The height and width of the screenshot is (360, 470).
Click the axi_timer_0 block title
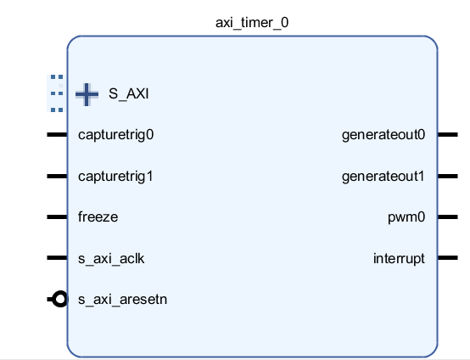coord(252,23)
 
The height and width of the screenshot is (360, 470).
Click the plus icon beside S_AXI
coord(87,94)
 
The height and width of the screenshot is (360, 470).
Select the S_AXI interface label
coord(129,94)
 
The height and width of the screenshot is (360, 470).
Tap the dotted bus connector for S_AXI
coord(57,93)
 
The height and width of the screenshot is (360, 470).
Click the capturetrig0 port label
coord(116,135)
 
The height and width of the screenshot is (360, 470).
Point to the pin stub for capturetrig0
coord(57,135)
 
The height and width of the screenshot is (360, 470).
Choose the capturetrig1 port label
coord(115,177)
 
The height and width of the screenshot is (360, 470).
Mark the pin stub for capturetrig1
coord(57,176)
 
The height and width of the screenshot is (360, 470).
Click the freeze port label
coord(98,217)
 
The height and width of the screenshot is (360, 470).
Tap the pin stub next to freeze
coord(57,217)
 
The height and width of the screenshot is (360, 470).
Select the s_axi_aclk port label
coord(111,259)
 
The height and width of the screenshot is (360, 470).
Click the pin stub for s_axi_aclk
coord(57,257)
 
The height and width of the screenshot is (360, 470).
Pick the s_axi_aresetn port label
coord(123,300)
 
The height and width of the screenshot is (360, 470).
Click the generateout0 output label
coord(383,135)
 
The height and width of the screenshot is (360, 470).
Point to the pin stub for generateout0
coord(448,135)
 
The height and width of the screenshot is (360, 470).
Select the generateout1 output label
coord(383,177)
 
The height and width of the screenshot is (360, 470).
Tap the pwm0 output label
coord(406,217)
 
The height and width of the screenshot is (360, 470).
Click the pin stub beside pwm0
coord(448,217)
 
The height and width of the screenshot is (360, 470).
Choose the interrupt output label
coord(399,259)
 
